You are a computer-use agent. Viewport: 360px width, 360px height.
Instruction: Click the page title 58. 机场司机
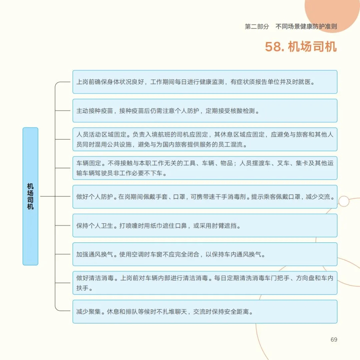[x=301, y=47]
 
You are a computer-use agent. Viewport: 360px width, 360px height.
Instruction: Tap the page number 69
[x=334, y=340]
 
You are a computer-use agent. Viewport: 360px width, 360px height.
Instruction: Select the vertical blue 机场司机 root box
[x=30, y=196]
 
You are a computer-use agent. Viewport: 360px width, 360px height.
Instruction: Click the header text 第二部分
[x=257, y=27]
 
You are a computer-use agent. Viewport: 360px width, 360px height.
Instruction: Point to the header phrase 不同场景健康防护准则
[x=306, y=27]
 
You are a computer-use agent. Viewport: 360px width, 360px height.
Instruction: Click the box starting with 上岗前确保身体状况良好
[x=205, y=82]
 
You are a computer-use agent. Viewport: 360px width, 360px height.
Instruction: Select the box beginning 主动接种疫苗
[x=205, y=111]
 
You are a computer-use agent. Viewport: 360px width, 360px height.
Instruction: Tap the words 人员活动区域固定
[x=101, y=135]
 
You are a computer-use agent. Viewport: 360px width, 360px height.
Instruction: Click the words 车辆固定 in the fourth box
[x=89, y=163]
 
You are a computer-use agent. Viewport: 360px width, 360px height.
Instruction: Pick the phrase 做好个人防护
[x=94, y=197]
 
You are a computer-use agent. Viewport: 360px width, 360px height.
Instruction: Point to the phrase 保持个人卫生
[x=95, y=226]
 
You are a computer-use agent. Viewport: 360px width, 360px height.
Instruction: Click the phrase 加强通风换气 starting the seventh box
[x=95, y=254]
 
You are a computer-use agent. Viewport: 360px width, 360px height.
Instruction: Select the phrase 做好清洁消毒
[x=95, y=278]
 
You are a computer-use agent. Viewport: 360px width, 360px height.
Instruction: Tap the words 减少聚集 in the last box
[x=89, y=312]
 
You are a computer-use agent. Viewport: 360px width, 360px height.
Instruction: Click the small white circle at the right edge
[x=344, y=201]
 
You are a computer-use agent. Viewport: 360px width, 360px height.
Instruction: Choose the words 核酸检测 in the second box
[x=242, y=111]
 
